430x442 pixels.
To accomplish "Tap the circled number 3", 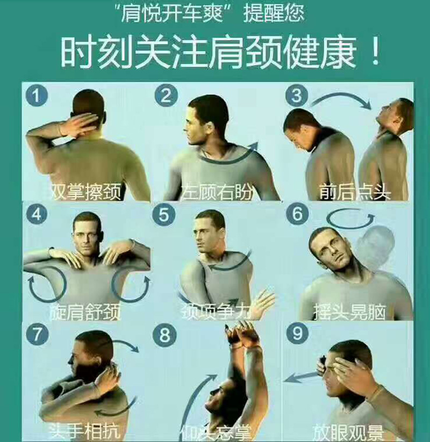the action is click(x=296, y=95).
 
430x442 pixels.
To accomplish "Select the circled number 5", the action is click(x=164, y=215).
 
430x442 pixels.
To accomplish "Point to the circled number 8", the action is click(x=165, y=335).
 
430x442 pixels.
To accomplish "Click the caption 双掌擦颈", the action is click(x=86, y=192).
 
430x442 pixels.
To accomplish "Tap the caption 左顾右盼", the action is click(x=217, y=192).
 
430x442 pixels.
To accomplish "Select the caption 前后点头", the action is click(x=355, y=192).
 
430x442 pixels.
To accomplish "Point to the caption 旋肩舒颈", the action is click(x=85, y=312).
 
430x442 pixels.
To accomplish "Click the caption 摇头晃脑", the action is click(x=349, y=312).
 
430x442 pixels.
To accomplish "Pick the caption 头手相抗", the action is click(x=84, y=431).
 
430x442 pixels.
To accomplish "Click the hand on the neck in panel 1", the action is click(x=77, y=126).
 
